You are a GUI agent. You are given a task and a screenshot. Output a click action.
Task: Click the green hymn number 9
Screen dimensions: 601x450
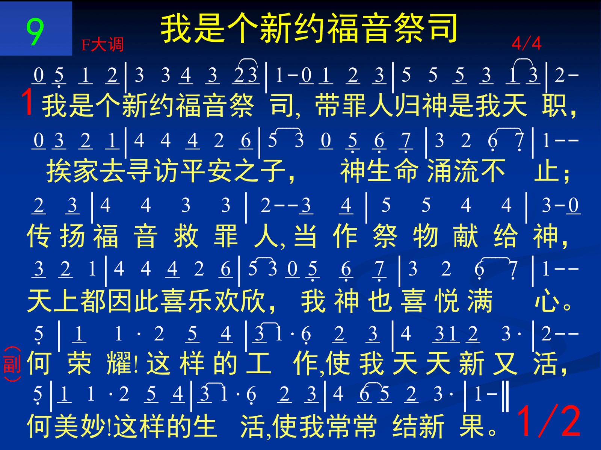tap(35, 32)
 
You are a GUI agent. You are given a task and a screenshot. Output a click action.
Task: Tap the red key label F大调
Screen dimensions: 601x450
tap(103, 44)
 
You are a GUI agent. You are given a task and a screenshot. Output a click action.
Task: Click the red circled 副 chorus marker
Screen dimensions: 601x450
tap(12, 364)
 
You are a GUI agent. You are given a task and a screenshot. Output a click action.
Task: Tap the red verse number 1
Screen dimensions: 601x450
tap(28, 102)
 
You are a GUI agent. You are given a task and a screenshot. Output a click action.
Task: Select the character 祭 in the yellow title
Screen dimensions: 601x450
tap(409, 29)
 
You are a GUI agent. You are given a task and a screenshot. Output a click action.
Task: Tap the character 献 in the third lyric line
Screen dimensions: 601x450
tap(465, 236)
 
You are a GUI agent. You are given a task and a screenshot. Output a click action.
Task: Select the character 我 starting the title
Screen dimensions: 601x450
tap(175, 29)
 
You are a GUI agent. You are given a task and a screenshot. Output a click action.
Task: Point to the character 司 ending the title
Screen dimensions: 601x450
tap(443, 29)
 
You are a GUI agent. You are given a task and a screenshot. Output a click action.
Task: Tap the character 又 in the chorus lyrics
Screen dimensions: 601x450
tap(505, 364)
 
